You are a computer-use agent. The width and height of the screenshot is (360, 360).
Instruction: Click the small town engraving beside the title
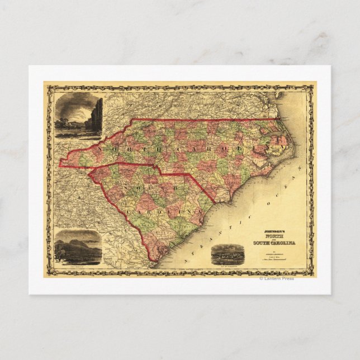pyautogui.click(x=229, y=254)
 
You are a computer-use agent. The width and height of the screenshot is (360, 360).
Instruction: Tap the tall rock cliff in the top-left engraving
pyautogui.click(x=97, y=115)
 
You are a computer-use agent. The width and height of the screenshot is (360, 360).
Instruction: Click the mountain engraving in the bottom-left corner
pyautogui.click(x=78, y=247)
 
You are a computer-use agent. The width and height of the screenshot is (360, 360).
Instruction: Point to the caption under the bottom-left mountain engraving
pyautogui.click(x=78, y=267)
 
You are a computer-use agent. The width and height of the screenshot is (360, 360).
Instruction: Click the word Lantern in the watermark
pyautogui.click(x=273, y=278)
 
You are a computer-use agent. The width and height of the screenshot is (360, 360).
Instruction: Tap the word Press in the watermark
pyautogui.click(x=288, y=278)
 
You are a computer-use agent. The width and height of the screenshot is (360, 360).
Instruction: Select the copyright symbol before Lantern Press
pyautogui.click(x=261, y=278)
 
